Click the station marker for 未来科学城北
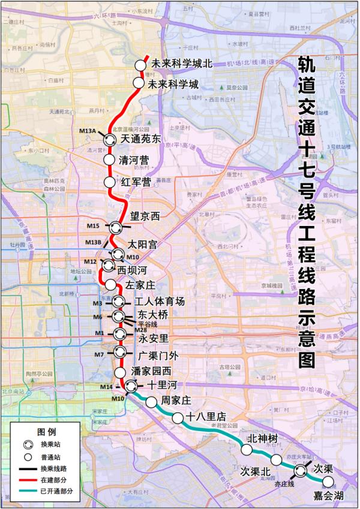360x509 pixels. (x=140, y=65)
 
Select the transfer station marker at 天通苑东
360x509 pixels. (x=110, y=139)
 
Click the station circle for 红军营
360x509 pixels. (x=109, y=181)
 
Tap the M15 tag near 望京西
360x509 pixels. (x=93, y=226)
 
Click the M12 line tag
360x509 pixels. (x=90, y=262)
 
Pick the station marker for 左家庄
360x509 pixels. (x=110, y=284)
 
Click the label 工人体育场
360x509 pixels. (x=160, y=301)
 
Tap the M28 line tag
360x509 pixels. (x=140, y=330)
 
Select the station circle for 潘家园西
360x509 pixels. (x=120, y=372)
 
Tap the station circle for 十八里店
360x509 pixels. (x=178, y=418)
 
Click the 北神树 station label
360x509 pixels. (x=265, y=438)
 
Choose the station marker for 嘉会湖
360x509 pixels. (x=328, y=481)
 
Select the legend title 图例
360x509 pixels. (x=46, y=431)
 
